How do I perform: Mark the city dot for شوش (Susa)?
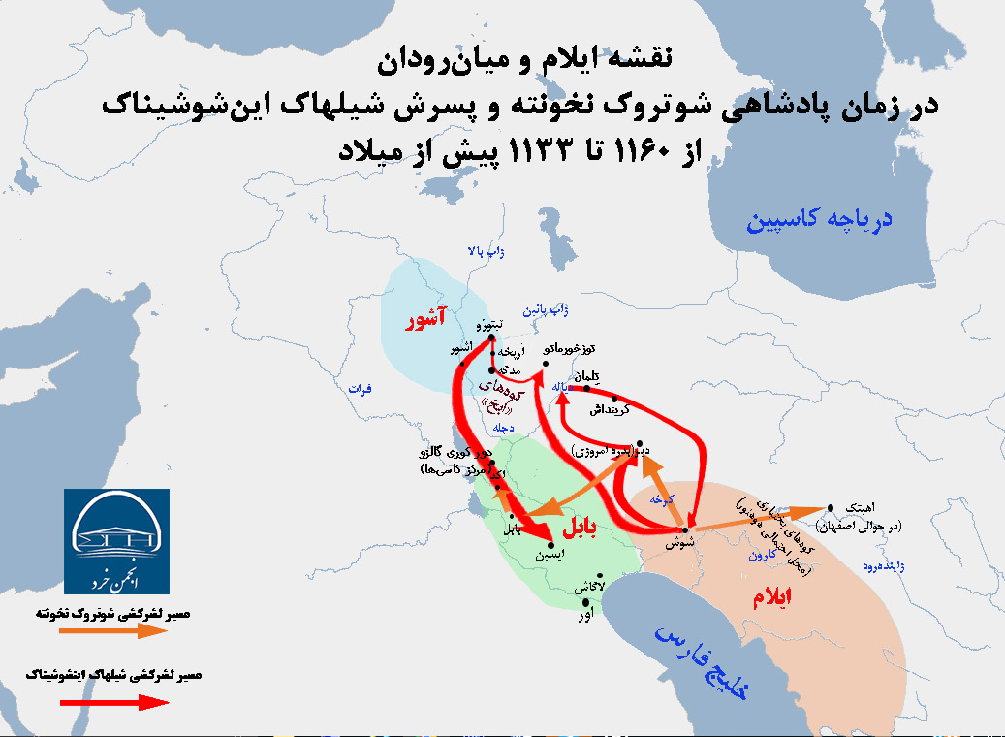coord(685,529)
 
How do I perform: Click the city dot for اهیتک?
coord(831,506)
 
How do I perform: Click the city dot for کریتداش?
coord(614,398)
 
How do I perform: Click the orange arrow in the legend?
coord(112,631)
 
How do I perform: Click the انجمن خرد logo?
coord(116,541)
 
